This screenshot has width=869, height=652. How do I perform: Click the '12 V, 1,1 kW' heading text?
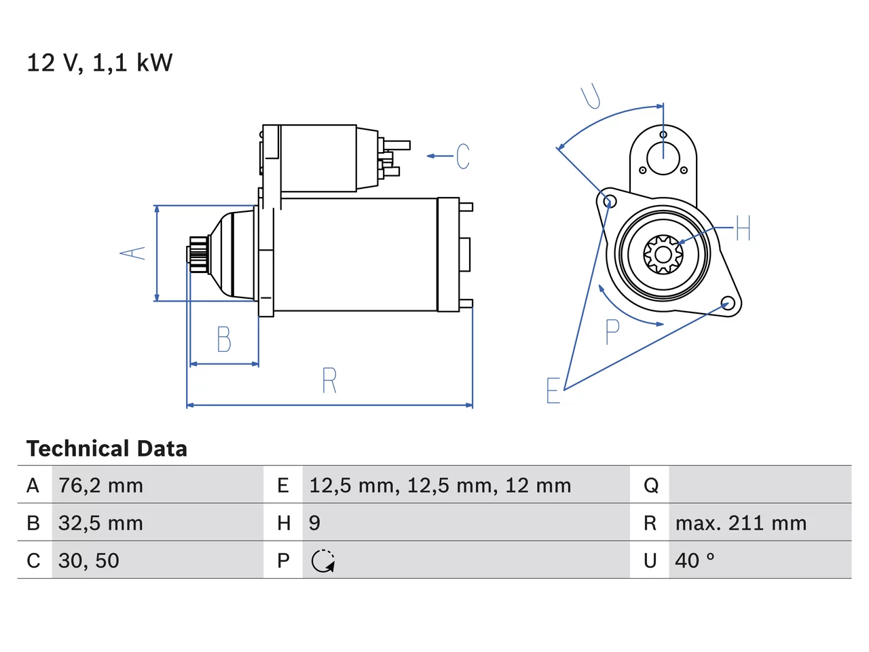click(100, 62)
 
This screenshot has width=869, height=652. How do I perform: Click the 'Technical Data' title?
click(107, 448)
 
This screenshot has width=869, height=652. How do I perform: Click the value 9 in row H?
click(314, 523)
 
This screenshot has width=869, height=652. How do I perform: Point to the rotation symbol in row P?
click(323, 561)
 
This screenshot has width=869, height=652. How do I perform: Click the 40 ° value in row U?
click(695, 560)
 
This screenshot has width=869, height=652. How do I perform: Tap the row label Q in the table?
click(651, 486)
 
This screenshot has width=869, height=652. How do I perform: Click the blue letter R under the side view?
click(329, 380)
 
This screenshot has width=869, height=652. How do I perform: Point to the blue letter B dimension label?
click(224, 340)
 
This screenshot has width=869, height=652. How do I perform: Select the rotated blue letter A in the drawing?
click(132, 253)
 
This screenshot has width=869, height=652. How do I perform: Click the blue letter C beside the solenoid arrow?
click(463, 156)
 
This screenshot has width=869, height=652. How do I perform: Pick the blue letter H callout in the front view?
click(743, 228)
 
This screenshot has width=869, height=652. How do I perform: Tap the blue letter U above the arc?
click(591, 96)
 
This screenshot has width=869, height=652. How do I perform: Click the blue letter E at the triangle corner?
click(553, 391)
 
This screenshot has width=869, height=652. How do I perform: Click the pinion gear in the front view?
click(663, 255)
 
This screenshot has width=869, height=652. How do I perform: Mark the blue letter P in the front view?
click(612, 331)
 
